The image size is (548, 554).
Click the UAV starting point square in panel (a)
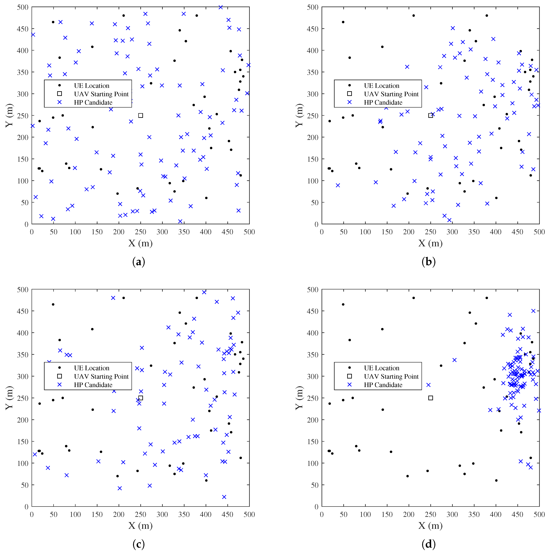140,115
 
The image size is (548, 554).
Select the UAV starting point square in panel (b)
431,115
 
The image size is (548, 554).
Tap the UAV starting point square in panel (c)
140,398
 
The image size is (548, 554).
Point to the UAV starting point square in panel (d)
431,398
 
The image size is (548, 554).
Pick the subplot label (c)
139,544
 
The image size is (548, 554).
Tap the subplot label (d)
429,544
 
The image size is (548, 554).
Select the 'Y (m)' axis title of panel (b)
299,115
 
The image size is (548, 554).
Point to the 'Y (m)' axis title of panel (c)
9,398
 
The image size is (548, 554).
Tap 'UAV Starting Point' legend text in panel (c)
101,376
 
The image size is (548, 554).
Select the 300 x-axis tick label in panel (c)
162,514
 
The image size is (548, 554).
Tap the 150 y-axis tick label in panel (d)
313,442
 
